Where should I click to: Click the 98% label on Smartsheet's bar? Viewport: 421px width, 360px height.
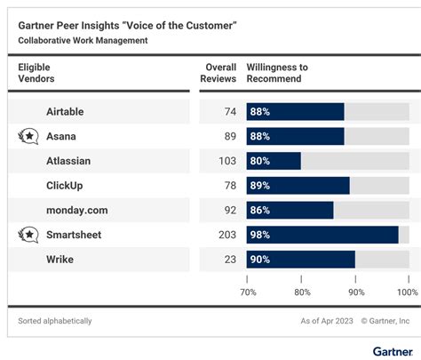tap(260, 236)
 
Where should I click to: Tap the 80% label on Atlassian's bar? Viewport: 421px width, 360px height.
tap(260, 161)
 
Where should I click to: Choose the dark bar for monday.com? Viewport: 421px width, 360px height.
tap(290, 211)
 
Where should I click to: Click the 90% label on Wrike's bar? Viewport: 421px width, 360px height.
tap(260, 260)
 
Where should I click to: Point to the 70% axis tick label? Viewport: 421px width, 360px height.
tap(249, 292)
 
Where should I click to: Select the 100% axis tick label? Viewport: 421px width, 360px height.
tap(407, 292)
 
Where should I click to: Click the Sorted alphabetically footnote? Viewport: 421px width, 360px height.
tap(55, 321)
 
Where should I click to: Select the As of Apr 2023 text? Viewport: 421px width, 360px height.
tap(325, 321)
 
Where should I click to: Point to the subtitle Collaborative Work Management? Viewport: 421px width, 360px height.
tap(83, 40)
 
